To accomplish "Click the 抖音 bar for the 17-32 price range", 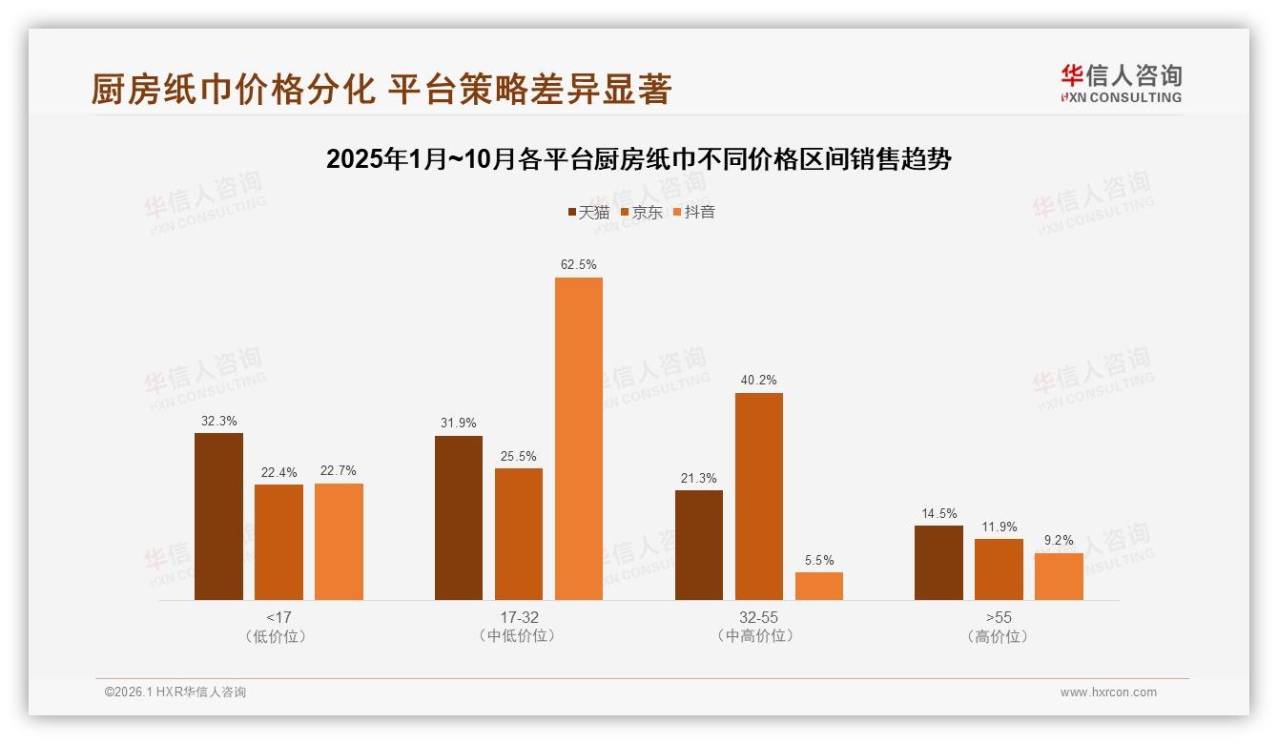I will tap(579, 439).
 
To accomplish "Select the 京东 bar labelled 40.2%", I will tap(759, 496).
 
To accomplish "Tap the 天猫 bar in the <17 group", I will tap(218, 516).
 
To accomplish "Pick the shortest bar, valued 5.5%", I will tap(819, 586).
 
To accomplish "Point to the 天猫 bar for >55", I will tap(938, 563).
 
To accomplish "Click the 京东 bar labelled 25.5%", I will tap(519, 534).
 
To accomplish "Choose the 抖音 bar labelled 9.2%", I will tap(1059, 576).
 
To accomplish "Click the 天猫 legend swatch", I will tap(571, 213).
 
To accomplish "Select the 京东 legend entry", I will tap(642, 213).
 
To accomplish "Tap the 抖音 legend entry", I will tap(694, 213).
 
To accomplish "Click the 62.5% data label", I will tap(579, 264).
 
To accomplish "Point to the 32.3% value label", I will tap(218, 420).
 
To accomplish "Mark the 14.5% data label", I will tap(938, 513).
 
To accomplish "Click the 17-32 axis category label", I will tap(519, 617).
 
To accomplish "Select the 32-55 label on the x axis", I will tap(758, 617).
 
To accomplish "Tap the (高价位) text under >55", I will tap(999, 636).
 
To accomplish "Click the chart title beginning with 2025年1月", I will tap(638, 159).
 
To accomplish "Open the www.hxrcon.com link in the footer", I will tap(1108, 692).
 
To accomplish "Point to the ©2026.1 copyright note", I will tap(175, 692).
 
